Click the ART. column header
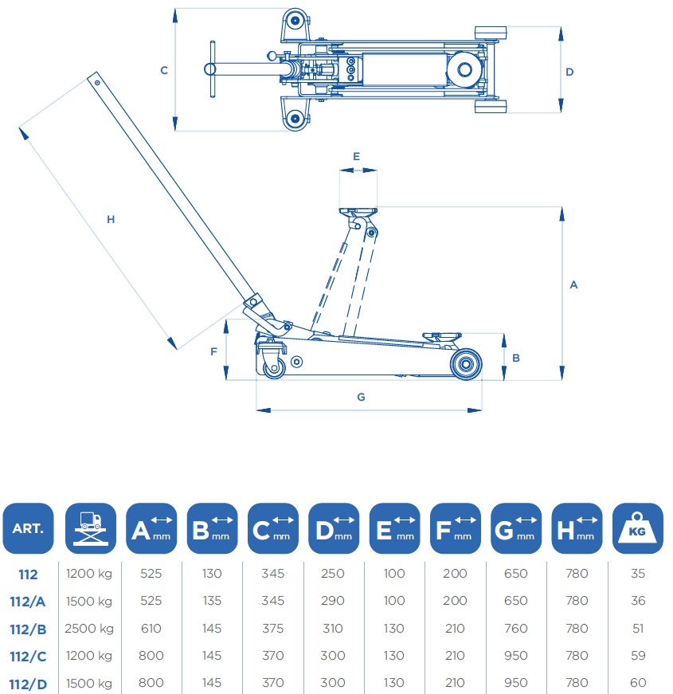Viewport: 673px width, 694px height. coord(28,527)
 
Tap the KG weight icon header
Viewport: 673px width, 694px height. coord(637,527)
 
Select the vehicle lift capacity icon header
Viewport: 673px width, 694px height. coord(90,527)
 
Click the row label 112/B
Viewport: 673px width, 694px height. coord(28,629)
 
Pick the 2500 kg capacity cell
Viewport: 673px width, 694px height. coord(90,629)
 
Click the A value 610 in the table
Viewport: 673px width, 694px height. coord(151,629)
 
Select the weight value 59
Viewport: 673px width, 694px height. coord(637,656)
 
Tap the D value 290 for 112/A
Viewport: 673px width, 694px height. coord(333,602)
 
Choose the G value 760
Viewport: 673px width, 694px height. coord(515,629)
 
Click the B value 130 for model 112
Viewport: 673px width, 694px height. coord(211,574)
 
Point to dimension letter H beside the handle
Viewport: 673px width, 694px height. coord(111,219)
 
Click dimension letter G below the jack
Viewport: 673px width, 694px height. coord(361,397)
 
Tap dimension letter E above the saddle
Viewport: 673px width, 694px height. coord(356,156)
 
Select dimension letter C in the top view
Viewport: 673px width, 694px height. coord(164,70)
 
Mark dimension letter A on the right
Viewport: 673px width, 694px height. coord(573,284)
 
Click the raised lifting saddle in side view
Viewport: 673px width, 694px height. coord(358,214)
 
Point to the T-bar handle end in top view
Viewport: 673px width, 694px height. coord(213,69)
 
